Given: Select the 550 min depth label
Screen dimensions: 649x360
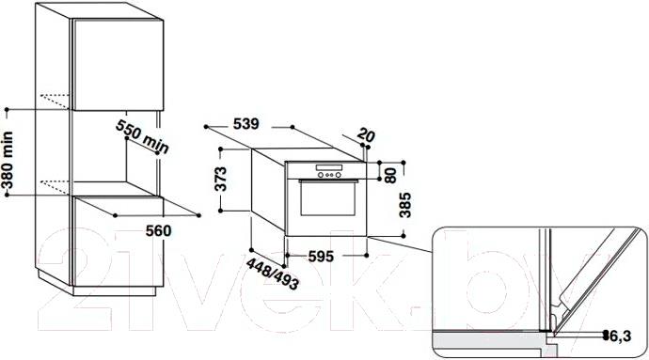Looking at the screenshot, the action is coord(142,136).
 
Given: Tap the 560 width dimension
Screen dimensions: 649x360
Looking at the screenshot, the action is coord(159,230).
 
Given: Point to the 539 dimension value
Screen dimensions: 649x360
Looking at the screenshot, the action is coord(245,123).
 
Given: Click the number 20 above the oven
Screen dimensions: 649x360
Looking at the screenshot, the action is coord(366,134).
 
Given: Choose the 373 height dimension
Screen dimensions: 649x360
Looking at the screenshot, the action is coord(221,179).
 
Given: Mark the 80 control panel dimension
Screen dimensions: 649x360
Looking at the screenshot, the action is coord(390,175).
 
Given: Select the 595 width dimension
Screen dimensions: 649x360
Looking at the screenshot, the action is coord(321,257).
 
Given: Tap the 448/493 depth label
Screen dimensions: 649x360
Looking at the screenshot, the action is coord(273,274).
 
